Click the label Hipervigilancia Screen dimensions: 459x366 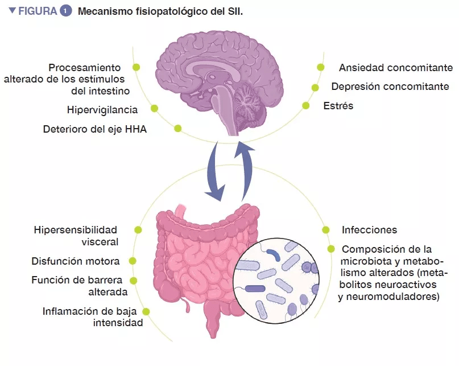pos(102,110)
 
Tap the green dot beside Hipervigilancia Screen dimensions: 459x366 pos(154,108)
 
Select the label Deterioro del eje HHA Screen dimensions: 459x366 pos(95,129)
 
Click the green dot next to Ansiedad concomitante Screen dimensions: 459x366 pos(321,67)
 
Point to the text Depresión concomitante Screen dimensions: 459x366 pos(390,87)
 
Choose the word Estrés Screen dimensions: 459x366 pos(338,105)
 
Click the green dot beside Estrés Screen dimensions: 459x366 pos(305,105)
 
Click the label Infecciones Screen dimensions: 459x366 pos(370,230)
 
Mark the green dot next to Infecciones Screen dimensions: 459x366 pos(325,230)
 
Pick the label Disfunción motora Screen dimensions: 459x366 pos(76,261)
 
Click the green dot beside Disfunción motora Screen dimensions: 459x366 pos(133,261)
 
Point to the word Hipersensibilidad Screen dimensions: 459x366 pos(76,230)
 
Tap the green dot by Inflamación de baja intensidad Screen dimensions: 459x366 pos(146,311)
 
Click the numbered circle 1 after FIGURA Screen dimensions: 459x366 pos(65,11)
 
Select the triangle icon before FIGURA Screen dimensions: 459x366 pos(12,11)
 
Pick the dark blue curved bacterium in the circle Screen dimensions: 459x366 pos(274,254)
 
